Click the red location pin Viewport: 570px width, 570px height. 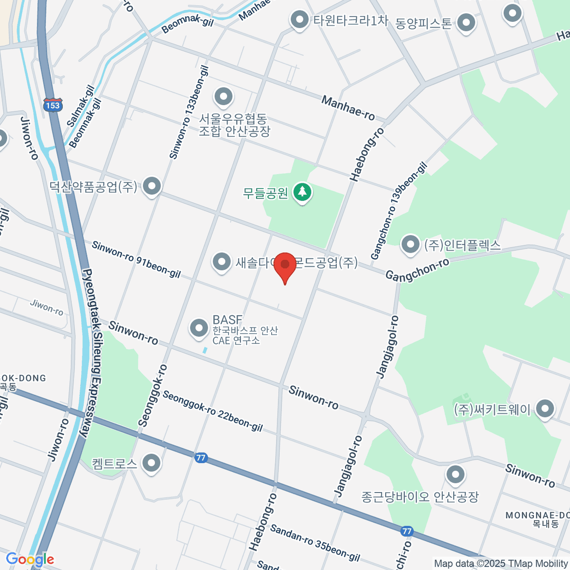tap(285, 265)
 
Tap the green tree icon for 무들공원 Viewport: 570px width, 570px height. tap(302, 192)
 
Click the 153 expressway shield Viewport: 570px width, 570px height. tap(52, 105)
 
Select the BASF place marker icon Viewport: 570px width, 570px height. tap(199, 328)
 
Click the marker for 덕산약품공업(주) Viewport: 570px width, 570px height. tap(152, 186)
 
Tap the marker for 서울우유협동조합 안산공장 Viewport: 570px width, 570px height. tap(223, 97)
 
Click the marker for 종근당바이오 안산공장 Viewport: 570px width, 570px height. tap(456, 474)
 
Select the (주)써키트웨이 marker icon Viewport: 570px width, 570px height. tap(545, 408)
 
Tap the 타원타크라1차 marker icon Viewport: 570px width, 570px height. tap(299, 20)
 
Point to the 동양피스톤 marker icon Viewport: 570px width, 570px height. tap(466, 22)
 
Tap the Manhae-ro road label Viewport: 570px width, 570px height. tap(348, 108)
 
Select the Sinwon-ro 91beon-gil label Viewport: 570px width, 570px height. tap(136, 260)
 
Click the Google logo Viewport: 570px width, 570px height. tap(29, 560)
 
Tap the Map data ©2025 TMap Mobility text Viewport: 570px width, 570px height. tap(501, 564)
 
